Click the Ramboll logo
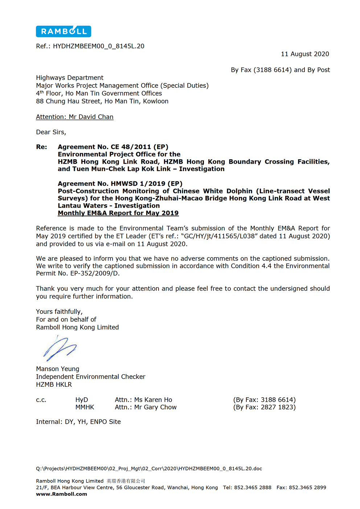pyautogui.click(x=64, y=32)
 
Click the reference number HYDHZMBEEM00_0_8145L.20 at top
pyautogui.click(x=98, y=46)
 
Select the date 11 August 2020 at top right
pyautogui.click(x=305, y=54)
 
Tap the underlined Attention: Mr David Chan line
pyautogui.click(x=75, y=117)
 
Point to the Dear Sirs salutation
pyautogui.click(x=51, y=132)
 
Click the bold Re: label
pyautogui.click(x=41, y=147)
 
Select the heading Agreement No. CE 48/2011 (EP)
pyautogui.click(x=113, y=147)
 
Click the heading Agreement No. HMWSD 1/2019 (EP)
pyautogui.click(x=120, y=184)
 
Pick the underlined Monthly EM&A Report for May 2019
pyautogui.click(x=118, y=213)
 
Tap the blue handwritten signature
pyautogui.click(x=60, y=348)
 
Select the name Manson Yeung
pyautogui.click(x=57, y=369)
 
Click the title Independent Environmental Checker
pyautogui.click(x=90, y=377)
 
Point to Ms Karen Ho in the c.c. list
pyautogui.click(x=153, y=400)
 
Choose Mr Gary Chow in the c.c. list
pyautogui.click(x=155, y=407)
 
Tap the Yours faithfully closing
pyautogui.click(x=59, y=312)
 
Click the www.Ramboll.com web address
pyautogui.click(x=61, y=494)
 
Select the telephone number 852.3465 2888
pyautogui.click(x=253, y=487)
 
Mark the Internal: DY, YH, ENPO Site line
pyautogui.click(x=78, y=422)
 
